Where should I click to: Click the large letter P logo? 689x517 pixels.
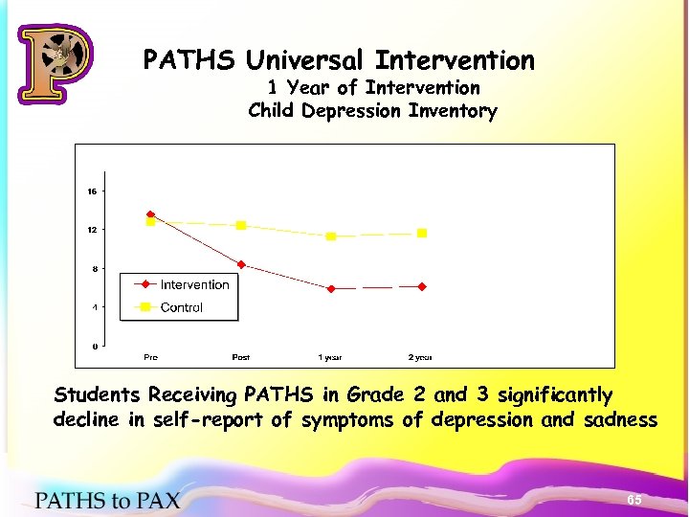click(55, 63)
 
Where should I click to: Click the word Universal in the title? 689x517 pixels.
click(307, 60)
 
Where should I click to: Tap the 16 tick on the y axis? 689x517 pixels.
click(92, 191)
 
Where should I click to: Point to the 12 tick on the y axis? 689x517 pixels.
click(92, 230)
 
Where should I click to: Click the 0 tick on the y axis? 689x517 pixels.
click(93, 346)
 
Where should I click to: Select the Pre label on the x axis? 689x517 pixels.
click(150, 357)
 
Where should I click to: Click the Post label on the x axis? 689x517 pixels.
click(241, 357)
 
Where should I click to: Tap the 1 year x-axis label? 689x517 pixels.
click(330, 357)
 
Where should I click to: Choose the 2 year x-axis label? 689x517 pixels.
click(420, 357)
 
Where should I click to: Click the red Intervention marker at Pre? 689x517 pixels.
click(150, 214)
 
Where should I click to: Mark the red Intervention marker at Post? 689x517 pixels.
click(241, 264)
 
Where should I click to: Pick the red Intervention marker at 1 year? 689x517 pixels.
click(331, 288)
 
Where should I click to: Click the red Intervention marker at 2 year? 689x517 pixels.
click(421, 286)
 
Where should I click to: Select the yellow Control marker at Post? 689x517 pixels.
click(241, 225)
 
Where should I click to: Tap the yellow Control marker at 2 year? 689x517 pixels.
click(421, 233)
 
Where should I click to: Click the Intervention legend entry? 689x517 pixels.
click(194, 284)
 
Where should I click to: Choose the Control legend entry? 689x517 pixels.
click(181, 307)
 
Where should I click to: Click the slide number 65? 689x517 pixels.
click(633, 501)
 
